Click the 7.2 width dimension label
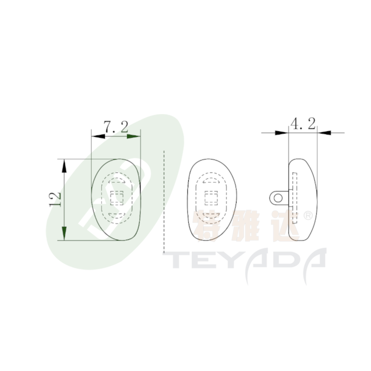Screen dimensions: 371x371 [116, 127]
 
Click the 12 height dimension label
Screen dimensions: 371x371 [55, 200]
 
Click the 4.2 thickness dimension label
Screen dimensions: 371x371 [303, 123]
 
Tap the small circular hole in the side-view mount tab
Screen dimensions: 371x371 [278, 198]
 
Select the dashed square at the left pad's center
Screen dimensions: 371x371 [117, 198]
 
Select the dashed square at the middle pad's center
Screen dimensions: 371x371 [211, 198]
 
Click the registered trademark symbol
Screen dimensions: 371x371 [308, 216]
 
